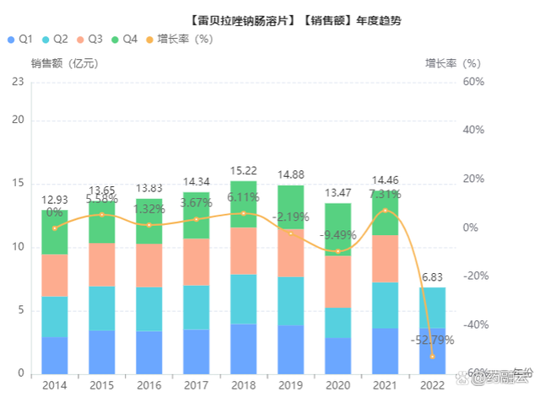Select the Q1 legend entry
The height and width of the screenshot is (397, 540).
click(20, 39)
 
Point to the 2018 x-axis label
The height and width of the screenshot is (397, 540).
click(243, 385)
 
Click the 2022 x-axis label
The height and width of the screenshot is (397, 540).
click(432, 385)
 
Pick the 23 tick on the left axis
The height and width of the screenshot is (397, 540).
click(17, 82)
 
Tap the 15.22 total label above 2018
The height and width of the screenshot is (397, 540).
click(243, 171)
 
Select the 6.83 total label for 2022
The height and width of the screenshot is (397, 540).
click(432, 277)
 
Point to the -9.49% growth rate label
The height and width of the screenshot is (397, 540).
click(337, 235)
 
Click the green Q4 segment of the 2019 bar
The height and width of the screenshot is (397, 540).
click(290, 207)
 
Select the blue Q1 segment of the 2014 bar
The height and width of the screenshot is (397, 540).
click(54, 355)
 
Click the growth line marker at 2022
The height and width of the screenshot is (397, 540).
click(432, 357)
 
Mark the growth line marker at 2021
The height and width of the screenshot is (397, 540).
click(385, 211)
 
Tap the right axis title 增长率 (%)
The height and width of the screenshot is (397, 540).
click(452, 63)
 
